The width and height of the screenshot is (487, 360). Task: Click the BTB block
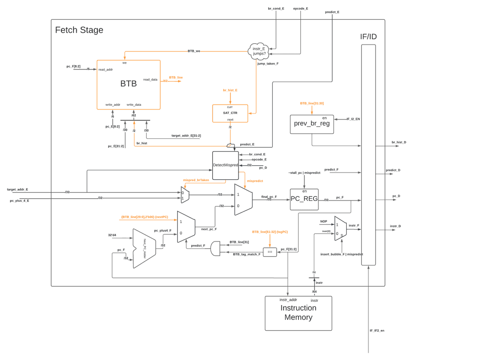point(129,84)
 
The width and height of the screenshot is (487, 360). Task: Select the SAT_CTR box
point(230,113)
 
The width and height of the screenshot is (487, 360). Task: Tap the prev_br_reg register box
point(312,124)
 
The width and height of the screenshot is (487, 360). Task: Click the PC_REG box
point(304,199)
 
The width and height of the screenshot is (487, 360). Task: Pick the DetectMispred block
point(225,165)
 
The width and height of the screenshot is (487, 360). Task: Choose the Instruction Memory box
point(298,313)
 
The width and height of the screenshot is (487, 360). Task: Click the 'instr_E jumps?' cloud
point(259,51)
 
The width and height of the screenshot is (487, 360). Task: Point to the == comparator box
point(270,252)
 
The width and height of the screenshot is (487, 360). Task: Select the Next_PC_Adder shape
point(144,248)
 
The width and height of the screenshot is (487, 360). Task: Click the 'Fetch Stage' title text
point(79,30)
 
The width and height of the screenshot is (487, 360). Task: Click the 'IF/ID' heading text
point(368,36)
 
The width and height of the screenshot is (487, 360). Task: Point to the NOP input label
point(323,221)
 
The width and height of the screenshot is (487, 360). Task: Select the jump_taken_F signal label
point(268,64)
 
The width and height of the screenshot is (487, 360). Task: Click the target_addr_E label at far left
point(18,190)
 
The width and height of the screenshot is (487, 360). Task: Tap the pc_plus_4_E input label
point(19,201)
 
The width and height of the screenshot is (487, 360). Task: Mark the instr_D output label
point(395,226)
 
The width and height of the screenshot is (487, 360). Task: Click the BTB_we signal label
point(194,51)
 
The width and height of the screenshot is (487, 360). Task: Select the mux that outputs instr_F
point(340,228)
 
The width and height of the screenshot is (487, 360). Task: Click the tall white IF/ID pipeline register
point(368,155)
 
